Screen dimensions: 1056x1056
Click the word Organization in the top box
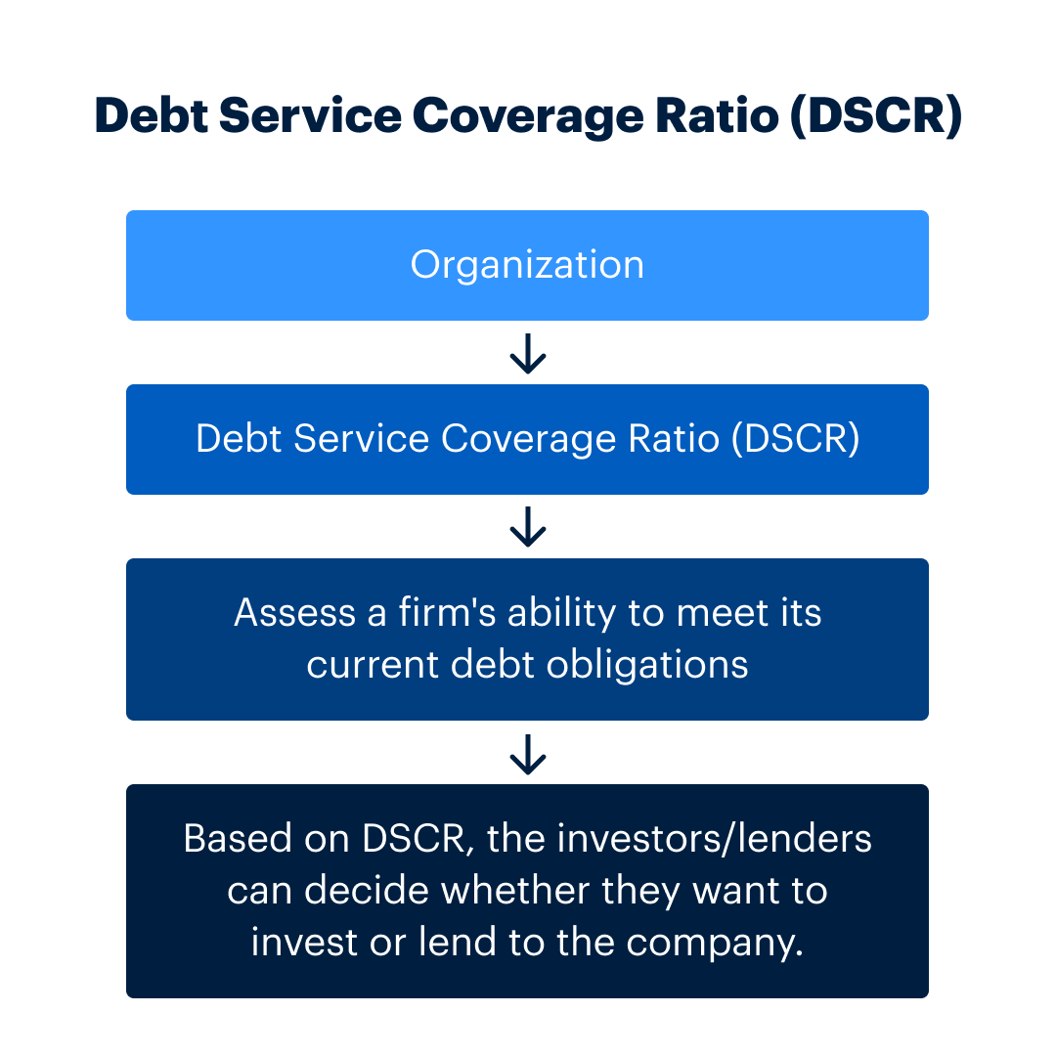coord(527,265)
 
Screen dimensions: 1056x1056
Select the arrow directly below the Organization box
coord(528,353)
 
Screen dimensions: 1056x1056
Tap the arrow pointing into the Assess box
coord(528,526)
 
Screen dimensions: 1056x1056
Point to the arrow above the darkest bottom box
coord(528,753)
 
